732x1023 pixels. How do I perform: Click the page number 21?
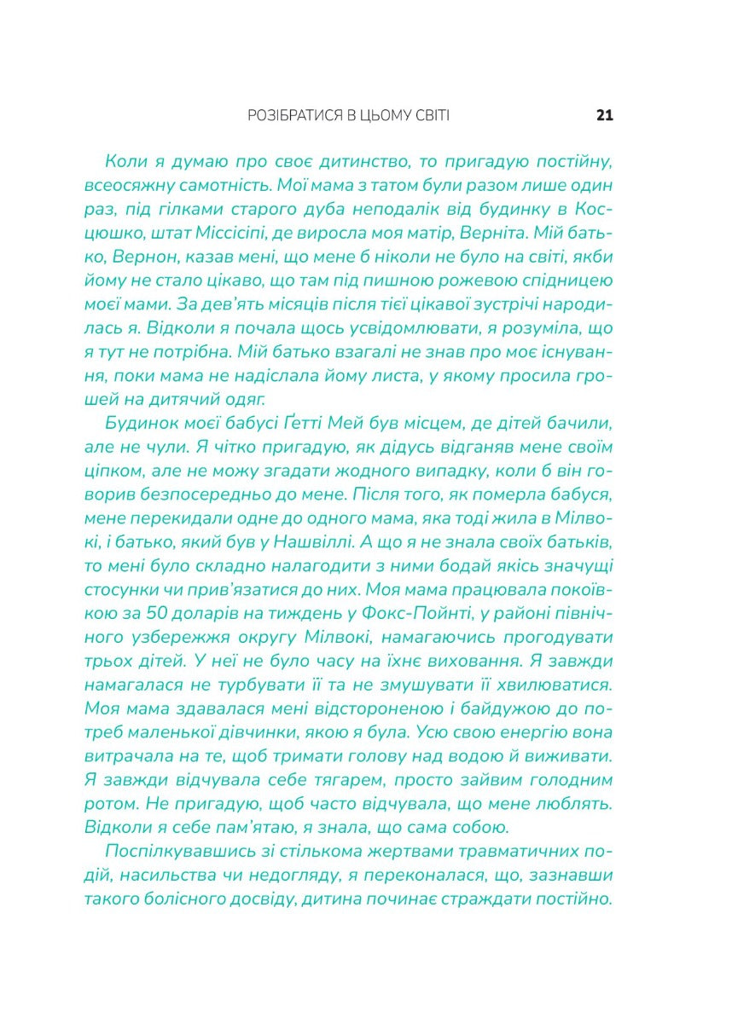click(605, 116)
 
